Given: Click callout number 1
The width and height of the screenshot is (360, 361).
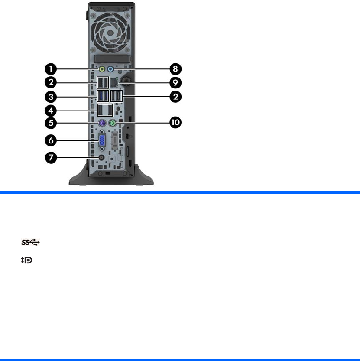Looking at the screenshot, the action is click(51, 68).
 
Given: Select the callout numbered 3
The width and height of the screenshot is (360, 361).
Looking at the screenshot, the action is click(51, 96).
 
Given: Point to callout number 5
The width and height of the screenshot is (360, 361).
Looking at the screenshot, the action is click(51, 123).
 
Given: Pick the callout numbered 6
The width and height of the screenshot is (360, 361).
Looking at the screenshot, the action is click(51, 140).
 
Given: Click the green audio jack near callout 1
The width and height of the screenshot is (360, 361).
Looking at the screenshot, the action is click(102, 68).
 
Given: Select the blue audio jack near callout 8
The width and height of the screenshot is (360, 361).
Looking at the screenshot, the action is click(110, 68).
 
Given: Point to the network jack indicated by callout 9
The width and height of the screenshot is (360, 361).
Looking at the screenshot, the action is click(116, 82).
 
